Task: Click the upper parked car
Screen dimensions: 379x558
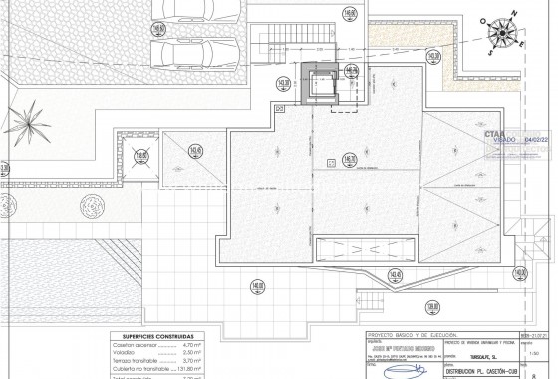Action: [x=198, y=14]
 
